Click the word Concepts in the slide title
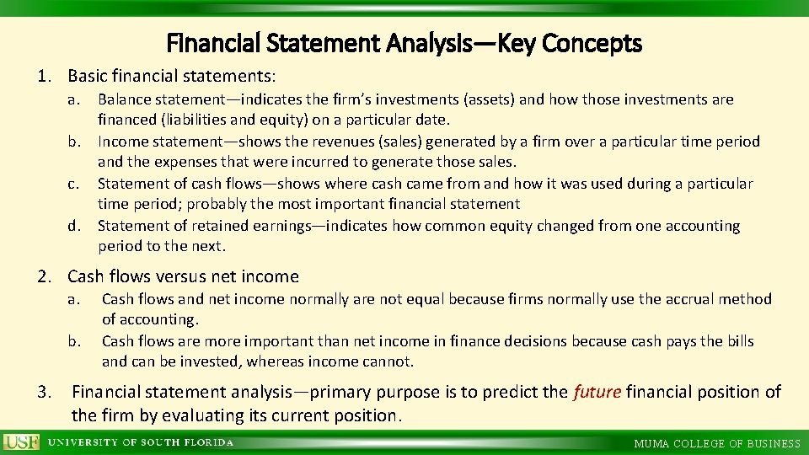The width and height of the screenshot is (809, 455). click(x=592, y=42)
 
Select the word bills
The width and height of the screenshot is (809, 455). click(x=735, y=341)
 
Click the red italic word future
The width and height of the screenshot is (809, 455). click(x=596, y=392)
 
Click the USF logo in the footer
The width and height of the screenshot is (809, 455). click(x=21, y=442)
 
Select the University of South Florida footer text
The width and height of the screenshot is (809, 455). click(x=140, y=443)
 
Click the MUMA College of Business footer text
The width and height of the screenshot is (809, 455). click(x=717, y=443)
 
